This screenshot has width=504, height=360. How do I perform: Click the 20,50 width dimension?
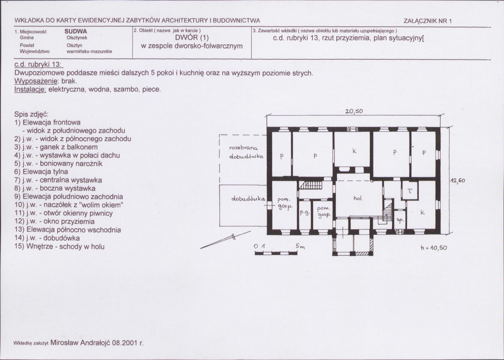(x=354, y=111)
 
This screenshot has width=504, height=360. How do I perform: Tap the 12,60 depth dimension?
(x=457, y=181)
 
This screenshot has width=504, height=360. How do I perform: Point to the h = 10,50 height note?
(x=434, y=248)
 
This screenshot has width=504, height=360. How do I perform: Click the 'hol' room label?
(x=357, y=198)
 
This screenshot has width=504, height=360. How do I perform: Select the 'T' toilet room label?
(x=410, y=191)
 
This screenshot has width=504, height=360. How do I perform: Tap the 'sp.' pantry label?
(x=400, y=220)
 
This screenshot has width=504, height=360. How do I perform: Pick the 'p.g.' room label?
(x=304, y=213)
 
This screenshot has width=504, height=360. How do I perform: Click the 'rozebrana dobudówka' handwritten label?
(x=246, y=152)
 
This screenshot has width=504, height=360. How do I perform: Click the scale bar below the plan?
(x=276, y=253)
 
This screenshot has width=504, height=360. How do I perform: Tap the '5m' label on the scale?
(x=300, y=246)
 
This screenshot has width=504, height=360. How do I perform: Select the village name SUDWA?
(x=76, y=32)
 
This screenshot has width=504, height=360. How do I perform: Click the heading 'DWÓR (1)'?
(x=192, y=38)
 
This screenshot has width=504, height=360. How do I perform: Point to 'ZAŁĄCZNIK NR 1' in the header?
(x=427, y=21)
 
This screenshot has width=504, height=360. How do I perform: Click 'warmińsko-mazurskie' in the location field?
(x=90, y=51)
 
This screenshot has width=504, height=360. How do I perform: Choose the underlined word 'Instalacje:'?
(x=31, y=89)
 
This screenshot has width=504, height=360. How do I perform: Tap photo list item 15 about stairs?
(x=59, y=246)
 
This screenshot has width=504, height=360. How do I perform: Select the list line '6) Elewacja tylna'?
(x=41, y=172)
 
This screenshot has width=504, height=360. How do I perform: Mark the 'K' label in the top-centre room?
(x=354, y=151)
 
